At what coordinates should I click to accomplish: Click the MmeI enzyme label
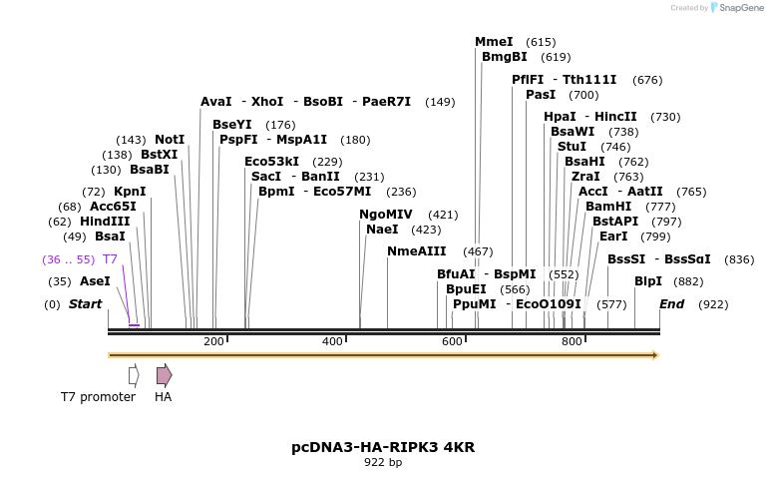[x=494, y=42]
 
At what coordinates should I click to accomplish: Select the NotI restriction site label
[x=170, y=140]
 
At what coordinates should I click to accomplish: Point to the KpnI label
[x=130, y=192]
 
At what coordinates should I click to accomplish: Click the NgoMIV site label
[x=386, y=215]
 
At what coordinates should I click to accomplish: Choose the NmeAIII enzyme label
[x=417, y=251]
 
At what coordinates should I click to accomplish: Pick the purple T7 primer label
[x=110, y=259]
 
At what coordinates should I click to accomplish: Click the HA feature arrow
[x=164, y=375]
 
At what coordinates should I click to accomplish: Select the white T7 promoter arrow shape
[x=134, y=375]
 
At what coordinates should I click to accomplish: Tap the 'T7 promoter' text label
[x=98, y=397]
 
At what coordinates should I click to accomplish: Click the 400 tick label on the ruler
[x=332, y=342]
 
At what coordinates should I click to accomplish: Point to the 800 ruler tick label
[x=572, y=342]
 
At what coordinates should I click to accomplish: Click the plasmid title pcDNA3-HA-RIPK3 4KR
[x=383, y=447]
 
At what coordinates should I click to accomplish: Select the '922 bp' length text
[x=383, y=462]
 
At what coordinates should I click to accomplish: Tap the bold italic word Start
[x=85, y=304]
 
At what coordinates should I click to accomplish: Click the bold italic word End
[x=671, y=304]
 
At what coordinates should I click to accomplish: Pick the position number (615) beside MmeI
[x=541, y=42]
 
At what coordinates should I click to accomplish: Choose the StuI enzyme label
[x=572, y=147]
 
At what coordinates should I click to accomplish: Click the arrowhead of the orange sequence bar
[x=654, y=355]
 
